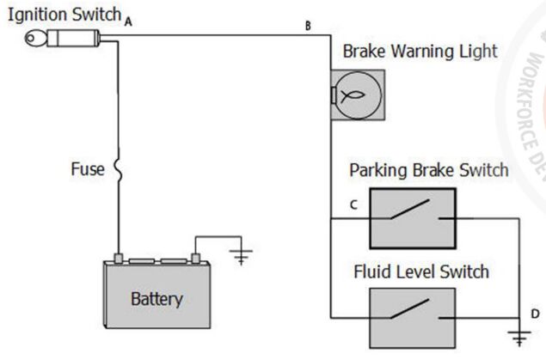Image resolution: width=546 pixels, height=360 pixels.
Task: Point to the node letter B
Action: [307, 26]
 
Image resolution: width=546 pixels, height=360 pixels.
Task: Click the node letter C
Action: [353, 205]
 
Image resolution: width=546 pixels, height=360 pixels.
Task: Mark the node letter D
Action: [535, 313]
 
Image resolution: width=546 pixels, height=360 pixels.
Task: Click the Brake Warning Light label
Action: [420, 51]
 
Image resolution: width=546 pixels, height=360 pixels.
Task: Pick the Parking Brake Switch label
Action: [428, 169]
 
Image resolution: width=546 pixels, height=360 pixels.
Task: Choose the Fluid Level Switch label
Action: [421, 272]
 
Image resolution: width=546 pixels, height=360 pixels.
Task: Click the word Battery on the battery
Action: [156, 300]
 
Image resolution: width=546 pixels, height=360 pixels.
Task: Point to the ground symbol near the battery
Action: [243, 255]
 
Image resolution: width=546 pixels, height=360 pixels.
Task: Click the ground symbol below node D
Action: [517, 337]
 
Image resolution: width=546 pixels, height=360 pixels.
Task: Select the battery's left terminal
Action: [119, 258]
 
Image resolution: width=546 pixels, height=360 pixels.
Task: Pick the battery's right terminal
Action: [195, 258]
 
